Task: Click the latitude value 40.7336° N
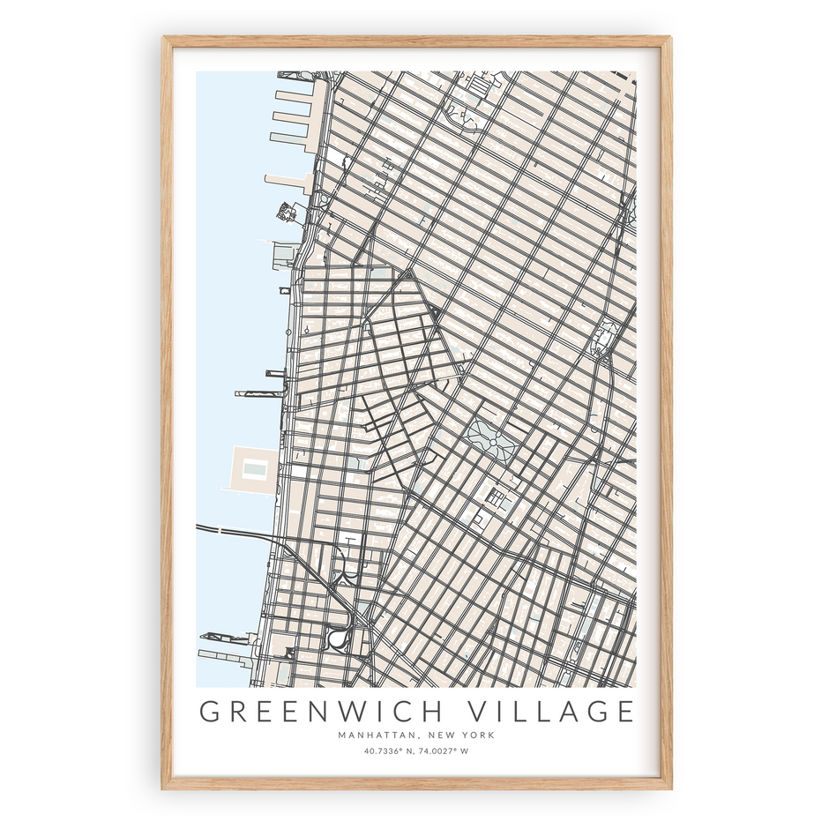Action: coord(387,751)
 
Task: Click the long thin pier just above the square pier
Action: coord(260,393)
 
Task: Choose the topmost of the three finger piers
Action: coord(295,95)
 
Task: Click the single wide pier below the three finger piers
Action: coord(287,180)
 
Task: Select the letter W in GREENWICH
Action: coord(355,711)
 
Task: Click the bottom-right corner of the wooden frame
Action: coord(669,787)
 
